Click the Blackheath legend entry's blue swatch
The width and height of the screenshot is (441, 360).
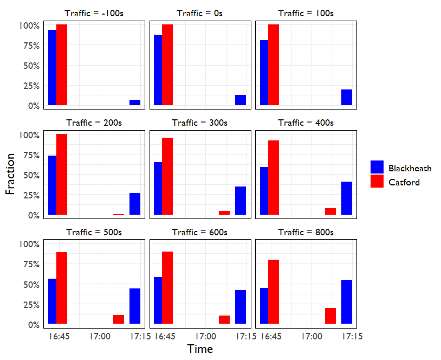[377, 167]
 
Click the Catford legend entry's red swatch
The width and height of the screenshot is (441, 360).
[377, 182]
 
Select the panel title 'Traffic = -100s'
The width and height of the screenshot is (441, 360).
[94, 13]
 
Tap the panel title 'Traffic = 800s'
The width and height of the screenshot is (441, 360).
[306, 232]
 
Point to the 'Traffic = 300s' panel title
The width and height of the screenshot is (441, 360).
[200, 123]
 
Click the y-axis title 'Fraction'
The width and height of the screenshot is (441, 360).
[10, 173]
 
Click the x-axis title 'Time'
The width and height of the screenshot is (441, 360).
[200, 349]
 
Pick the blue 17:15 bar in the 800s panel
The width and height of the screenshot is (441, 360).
[347, 301]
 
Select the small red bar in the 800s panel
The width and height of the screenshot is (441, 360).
[330, 316]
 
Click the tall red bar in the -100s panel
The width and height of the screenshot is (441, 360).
[62, 65]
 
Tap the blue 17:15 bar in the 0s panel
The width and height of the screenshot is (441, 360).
[241, 100]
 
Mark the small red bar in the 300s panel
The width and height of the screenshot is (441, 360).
[224, 213]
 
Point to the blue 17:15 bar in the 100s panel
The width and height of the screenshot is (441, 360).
[347, 97]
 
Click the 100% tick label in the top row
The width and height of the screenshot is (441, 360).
[29, 26]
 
